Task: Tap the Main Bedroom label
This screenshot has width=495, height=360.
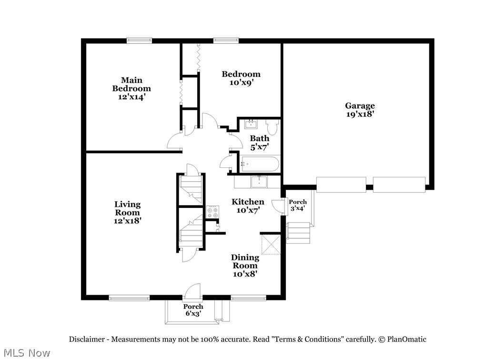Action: click(131, 84)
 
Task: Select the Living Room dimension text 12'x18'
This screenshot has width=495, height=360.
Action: click(127, 221)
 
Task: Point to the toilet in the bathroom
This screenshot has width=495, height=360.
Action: click(271, 127)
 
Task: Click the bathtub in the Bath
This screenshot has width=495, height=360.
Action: click(259, 164)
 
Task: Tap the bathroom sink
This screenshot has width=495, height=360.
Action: click(251, 124)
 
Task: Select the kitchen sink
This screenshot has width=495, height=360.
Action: click(259, 182)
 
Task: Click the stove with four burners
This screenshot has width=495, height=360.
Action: click(212, 212)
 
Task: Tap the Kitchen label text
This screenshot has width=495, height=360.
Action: click(248, 202)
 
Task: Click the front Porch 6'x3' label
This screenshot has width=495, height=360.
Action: click(193, 310)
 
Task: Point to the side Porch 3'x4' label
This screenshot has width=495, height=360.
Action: click(298, 205)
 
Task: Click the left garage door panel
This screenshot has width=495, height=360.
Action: click(341, 185)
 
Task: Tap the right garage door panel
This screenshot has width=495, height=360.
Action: click(399, 185)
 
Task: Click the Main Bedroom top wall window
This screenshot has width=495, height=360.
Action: click(139, 41)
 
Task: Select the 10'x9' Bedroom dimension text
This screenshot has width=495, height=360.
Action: click(242, 82)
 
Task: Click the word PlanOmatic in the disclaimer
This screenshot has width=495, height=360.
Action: click(406, 339)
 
